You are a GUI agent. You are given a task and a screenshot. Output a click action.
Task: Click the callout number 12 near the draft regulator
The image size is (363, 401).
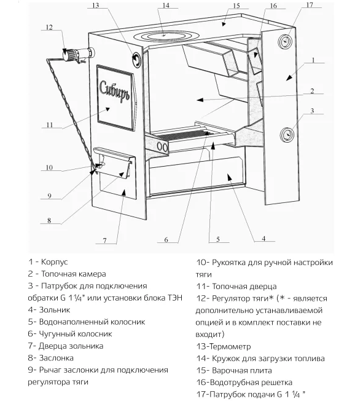[49, 27]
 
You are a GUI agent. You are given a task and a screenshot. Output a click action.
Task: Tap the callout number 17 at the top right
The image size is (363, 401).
[310, 5]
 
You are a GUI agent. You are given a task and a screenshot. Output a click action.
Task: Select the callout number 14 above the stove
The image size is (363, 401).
[166, 5]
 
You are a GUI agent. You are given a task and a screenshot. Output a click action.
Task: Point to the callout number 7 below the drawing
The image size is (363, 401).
[104, 240]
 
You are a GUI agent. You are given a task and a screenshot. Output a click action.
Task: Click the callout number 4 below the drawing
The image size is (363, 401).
[263, 239]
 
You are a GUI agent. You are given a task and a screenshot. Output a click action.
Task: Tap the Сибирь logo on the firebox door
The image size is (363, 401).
[114, 91]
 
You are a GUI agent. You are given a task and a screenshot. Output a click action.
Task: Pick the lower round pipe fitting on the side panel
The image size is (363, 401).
[287, 135]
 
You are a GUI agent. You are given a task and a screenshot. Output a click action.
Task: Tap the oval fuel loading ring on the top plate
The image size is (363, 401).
[164, 36]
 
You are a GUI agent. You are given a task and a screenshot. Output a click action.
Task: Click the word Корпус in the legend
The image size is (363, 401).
[54, 262]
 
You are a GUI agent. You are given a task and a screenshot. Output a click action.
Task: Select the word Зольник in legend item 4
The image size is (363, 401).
[55, 310]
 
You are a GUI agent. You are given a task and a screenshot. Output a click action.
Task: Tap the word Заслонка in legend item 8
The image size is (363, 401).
[56, 358]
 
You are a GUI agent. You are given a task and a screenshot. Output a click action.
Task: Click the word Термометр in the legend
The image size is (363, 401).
[230, 346]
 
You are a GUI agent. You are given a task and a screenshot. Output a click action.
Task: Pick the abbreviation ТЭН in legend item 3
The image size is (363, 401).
[175, 298]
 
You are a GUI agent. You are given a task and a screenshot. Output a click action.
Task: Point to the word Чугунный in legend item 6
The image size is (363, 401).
[57, 334]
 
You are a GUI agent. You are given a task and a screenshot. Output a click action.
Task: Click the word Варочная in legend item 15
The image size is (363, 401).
[228, 370]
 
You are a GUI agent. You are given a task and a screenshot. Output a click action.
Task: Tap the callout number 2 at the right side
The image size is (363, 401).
[312, 90]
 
